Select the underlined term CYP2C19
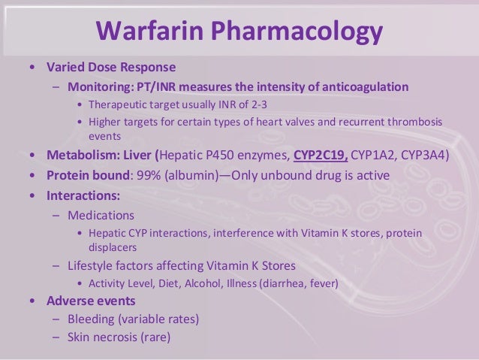click(321, 156)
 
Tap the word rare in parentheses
click(155, 337)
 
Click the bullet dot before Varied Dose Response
click(30, 66)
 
